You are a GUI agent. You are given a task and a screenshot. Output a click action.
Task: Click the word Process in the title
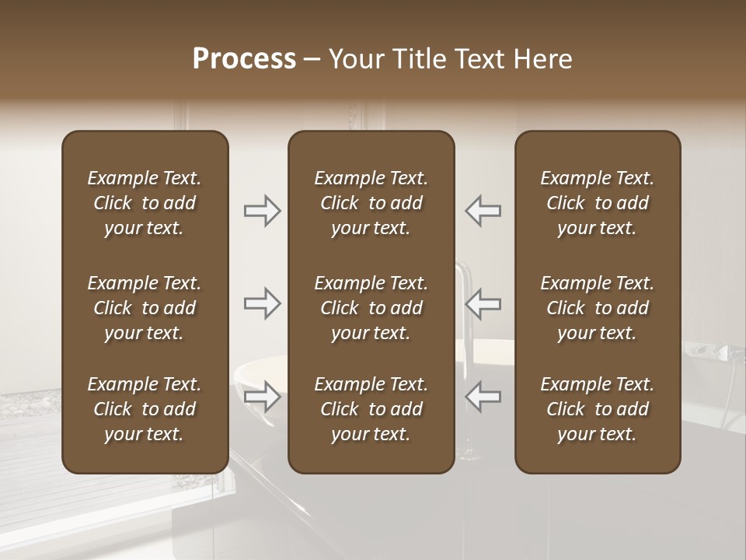(244, 59)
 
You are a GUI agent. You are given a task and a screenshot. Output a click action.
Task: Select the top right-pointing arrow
(263, 211)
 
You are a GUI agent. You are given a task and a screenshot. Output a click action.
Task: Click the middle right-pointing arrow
(263, 303)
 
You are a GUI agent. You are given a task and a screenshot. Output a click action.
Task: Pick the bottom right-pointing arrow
(263, 397)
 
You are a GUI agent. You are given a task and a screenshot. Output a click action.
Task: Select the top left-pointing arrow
(483, 211)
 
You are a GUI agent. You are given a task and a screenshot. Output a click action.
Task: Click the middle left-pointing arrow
(483, 303)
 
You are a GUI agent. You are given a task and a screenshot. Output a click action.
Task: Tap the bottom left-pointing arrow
(483, 397)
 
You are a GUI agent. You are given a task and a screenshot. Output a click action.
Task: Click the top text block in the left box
(145, 203)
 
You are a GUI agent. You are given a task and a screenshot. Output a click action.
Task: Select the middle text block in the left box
(145, 308)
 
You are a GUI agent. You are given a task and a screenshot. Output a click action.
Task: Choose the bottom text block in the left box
(145, 409)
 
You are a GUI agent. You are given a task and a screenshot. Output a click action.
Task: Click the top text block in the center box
(371, 203)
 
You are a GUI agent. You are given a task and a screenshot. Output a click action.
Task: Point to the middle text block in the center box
(371, 308)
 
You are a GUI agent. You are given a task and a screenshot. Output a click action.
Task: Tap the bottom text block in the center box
(371, 409)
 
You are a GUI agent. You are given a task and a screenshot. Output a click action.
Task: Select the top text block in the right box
(597, 203)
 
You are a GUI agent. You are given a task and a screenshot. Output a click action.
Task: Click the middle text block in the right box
(597, 308)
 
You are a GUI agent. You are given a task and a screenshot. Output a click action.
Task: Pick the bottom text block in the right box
(597, 409)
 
